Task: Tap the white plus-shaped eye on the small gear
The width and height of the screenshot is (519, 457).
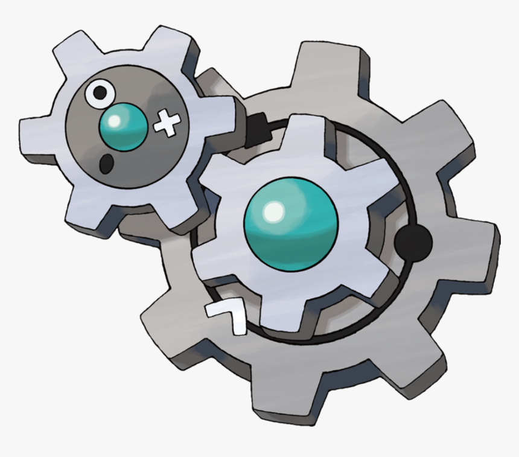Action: [167, 124]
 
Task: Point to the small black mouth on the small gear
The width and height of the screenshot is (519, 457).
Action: [107, 161]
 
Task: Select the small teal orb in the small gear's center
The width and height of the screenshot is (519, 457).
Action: [123, 126]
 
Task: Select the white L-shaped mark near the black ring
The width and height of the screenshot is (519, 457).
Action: [228, 316]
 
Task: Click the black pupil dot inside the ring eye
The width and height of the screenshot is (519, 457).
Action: [100, 92]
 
